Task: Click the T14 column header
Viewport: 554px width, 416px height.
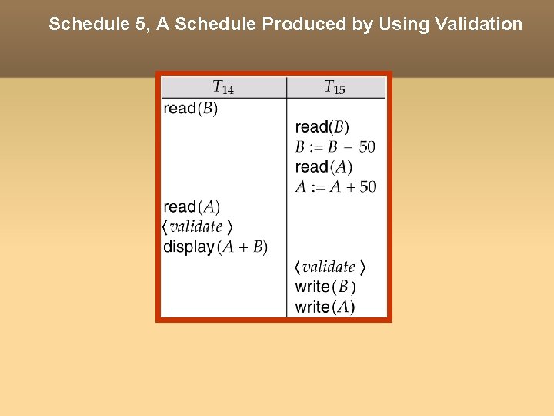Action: (222, 88)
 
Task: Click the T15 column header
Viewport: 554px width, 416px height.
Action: (334, 88)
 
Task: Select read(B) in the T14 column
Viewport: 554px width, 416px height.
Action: (191, 109)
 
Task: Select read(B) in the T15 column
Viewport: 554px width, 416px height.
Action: (322, 127)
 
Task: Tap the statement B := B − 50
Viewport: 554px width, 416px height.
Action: (335, 147)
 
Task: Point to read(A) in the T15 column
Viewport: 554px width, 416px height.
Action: (323, 167)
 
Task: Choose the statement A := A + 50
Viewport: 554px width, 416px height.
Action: (335, 187)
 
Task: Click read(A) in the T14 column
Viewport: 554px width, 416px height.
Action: (192, 207)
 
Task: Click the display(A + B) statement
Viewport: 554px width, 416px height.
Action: (215, 247)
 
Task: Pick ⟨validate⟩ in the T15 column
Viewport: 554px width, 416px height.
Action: (329, 267)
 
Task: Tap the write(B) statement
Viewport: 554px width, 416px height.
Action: (325, 287)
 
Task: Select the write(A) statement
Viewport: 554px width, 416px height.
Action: (325, 307)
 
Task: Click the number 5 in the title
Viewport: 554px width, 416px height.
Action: (143, 24)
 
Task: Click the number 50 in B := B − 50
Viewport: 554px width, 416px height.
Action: (367, 147)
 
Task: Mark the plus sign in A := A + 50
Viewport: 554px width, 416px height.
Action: (349, 187)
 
